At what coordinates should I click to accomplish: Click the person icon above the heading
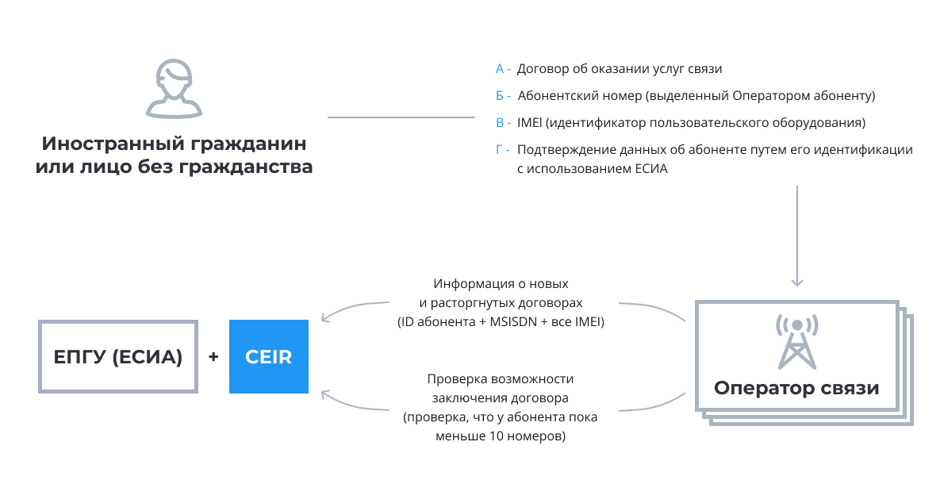pyautogui.click(x=174, y=89)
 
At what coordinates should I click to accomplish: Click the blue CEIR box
pyautogui.click(x=268, y=356)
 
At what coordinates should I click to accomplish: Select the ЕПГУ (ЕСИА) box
pyautogui.click(x=118, y=356)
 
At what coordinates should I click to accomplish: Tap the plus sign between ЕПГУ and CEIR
pyautogui.click(x=213, y=356)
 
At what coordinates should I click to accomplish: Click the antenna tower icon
pyautogui.click(x=797, y=342)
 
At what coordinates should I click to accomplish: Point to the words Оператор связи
pyautogui.click(x=796, y=388)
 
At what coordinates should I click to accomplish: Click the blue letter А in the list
pyautogui.click(x=500, y=69)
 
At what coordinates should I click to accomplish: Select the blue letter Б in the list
pyautogui.click(x=500, y=96)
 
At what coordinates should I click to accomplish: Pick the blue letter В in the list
pyautogui.click(x=500, y=123)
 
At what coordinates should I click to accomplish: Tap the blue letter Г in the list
pyautogui.click(x=499, y=149)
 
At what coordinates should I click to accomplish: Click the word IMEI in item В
pyautogui.click(x=530, y=123)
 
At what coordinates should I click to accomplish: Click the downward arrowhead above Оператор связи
pyautogui.click(x=797, y=282)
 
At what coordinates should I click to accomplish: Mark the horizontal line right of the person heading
pyautogui.click(x=401, y=117)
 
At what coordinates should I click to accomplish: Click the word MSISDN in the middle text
pyautogui.click(x=513, y=321)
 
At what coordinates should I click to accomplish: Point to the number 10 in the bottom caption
pyautogui.click(x=496, y=436)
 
